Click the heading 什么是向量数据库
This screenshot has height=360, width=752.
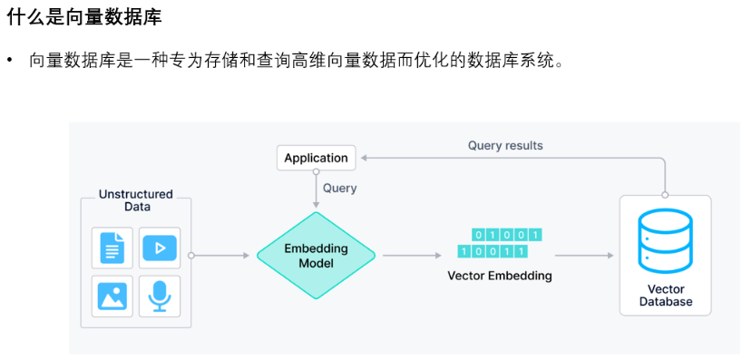(84, 17)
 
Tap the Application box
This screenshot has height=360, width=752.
(316, 158)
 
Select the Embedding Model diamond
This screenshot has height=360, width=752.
(316, 256)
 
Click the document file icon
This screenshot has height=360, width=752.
(112, 248)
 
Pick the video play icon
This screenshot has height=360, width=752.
(160, 248)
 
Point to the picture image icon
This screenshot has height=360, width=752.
(112, 296)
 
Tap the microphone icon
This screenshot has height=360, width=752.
(160, 297)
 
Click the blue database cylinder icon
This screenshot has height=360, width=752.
(665, 241)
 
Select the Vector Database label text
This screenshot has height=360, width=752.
(666, 296)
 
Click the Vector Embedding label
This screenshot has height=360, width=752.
(500, 276)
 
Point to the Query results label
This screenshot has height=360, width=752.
(505, 145)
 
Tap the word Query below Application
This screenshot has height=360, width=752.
(339, 189)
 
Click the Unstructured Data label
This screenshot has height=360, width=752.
(136, 200)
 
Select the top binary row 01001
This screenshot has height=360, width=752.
(507, 235)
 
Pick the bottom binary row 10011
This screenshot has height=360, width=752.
(493, 251)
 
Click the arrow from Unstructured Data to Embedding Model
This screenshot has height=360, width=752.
(220, 256)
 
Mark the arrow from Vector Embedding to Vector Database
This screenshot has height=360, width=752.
(584, 256)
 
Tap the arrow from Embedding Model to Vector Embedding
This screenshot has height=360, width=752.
(412, 256)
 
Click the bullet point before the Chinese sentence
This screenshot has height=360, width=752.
(10, 61)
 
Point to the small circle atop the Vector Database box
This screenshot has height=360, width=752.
(665, 195)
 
